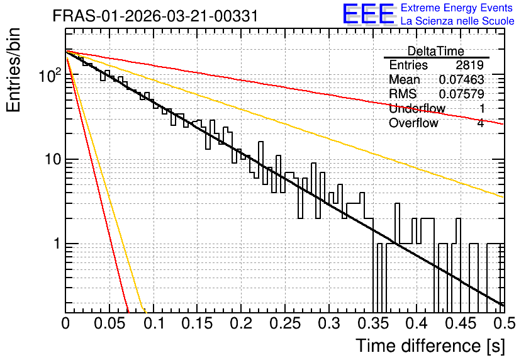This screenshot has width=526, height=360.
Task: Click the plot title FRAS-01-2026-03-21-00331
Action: (x=155, y=16)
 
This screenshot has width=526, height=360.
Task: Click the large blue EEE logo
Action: (x=368, y=14)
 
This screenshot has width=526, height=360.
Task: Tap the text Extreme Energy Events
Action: (x=457, y=8)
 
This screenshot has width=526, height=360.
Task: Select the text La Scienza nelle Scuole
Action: (x=457, y=21)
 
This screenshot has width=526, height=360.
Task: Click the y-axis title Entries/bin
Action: (x=14, y=70)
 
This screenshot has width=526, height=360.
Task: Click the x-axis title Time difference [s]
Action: (x=430, y=346)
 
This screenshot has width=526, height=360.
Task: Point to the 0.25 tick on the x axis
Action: (x=285, y=323)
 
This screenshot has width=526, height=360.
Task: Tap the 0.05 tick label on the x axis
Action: (x=109, y=323)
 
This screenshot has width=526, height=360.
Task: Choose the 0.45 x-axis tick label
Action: (x=461, y=323)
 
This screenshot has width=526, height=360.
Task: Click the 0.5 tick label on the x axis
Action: (x=505, y=323)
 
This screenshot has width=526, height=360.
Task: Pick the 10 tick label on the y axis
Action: (x=53, y=159)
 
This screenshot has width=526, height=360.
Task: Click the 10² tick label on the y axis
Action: (x=50, y=75)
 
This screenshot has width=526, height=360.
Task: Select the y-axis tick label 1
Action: (x=57, y=244)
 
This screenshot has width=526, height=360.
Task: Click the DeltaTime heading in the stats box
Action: (x=436, y=51)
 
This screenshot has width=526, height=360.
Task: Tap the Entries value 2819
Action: (x=469, y=65)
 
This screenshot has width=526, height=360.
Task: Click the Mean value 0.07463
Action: (x=462, y=79)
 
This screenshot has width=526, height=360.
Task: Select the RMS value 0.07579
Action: (x=462, y=94)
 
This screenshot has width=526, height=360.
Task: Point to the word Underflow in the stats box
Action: (x=417, y=108)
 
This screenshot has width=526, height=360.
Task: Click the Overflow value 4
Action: (x=481, y=123)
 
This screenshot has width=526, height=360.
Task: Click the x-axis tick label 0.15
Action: (x=198, y=323)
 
